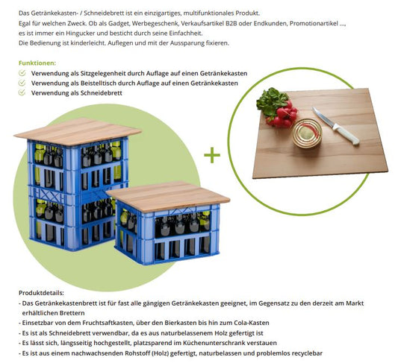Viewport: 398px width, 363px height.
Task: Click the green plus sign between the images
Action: pos(213,155)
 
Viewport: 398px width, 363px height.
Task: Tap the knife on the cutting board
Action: pos(335,125)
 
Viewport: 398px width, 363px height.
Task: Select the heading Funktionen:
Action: pos(37,63)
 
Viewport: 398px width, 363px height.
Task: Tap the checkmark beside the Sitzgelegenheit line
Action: pos(22,74)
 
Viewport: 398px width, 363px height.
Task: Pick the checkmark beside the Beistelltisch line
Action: pos(22,83)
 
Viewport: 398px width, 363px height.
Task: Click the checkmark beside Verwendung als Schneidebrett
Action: pos(22,93)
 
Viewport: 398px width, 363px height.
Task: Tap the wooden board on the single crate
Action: pos(168,195)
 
